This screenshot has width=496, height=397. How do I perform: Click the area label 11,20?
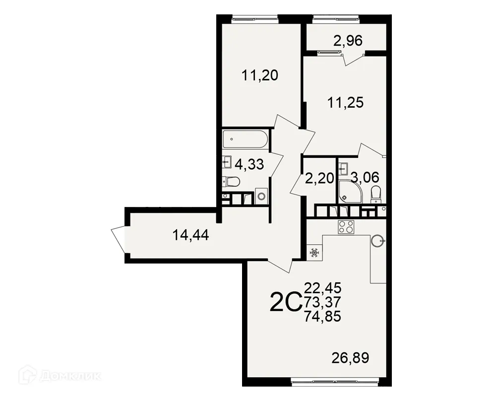tap(259, 75)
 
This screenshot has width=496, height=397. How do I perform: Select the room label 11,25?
tap(346, 103)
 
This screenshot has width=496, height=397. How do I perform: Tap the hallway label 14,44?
tap(190, 235)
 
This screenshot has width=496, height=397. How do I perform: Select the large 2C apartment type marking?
tap(285, 302)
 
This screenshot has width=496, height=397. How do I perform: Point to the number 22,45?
tap(322, 287)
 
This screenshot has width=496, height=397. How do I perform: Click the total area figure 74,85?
tap(322, 316)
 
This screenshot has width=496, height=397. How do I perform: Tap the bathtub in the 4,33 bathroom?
tap(245, 139)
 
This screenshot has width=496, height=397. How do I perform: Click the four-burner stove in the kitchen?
tap(346, 227)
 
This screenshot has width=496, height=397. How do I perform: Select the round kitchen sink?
tap(378, 242)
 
